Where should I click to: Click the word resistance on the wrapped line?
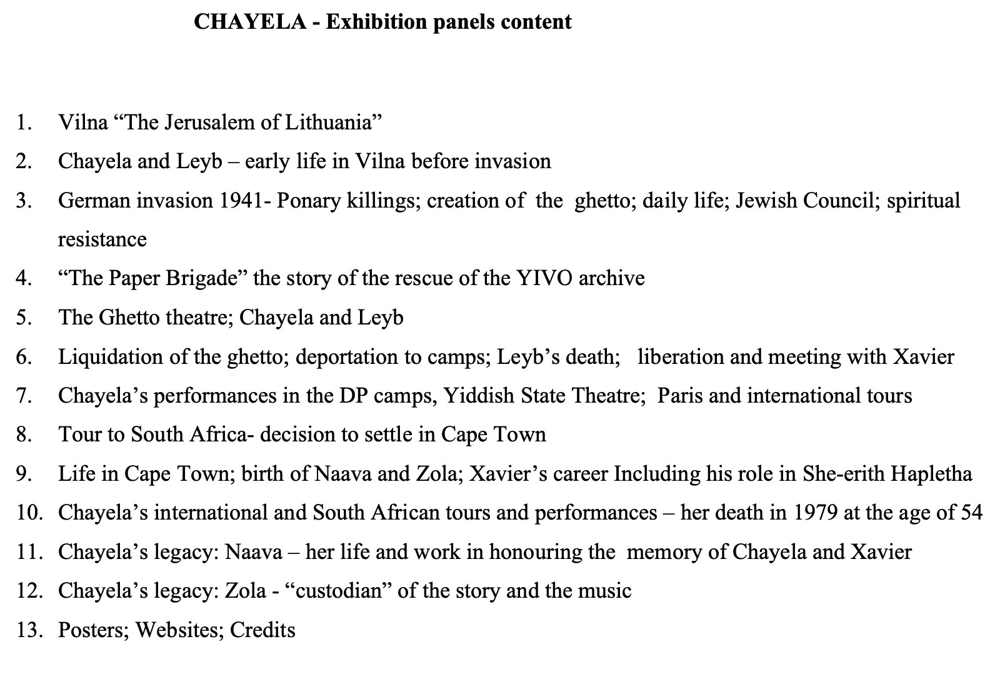pyautogui.click(x=102, y=239)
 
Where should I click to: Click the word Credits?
pyautogui.click(x=262, y=630)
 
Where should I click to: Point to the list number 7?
pyautogui.click(x=24, y=396)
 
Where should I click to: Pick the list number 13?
pyautogui.click(x=29, y=630)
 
